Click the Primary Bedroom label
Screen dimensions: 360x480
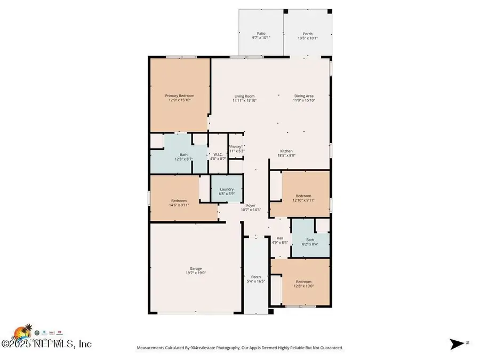tap(179, 95)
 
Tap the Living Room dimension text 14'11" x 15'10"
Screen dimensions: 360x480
tap(245, 100)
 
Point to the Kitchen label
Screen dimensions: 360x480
tap(286, 151)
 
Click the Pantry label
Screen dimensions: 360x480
tap(236, 146)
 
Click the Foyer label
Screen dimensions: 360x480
tap(251, 205)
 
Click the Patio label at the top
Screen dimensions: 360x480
tap(261, 33)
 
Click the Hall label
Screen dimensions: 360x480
tap(279, 238)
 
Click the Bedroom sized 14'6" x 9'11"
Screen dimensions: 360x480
tap(179, 201)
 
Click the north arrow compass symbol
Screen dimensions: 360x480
tap(457, 344)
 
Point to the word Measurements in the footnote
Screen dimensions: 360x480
tap(153, 348)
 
